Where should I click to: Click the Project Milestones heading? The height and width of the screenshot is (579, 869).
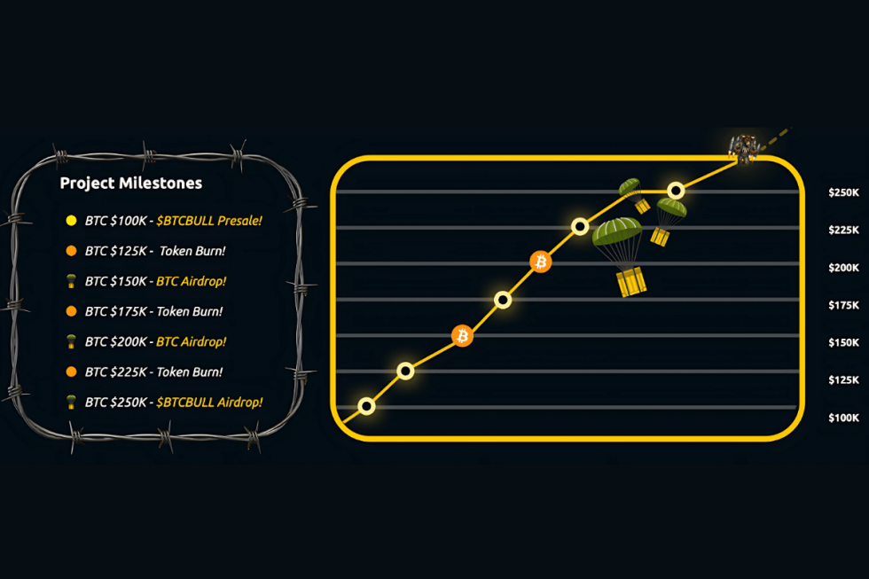[x=130, y=184]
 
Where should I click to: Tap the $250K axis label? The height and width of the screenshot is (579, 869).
[x=843, y=192]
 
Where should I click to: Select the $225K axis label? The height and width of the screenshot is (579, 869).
[x=843, y=230]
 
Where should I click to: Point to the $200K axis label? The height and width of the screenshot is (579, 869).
[x=843, y=268]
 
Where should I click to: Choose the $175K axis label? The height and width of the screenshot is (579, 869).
[x=843, y=305]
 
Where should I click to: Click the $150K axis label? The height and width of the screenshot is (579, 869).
[x=843, y=342]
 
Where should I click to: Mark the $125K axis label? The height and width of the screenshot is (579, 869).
[x=843, y=380]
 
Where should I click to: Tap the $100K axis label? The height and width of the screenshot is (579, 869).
[x=843, y=418]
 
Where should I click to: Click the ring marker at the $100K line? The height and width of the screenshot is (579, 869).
[x=366, y=406]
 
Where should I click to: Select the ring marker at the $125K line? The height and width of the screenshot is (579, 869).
[x=405, y=371]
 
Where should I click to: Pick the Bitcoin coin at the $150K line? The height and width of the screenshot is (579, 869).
[x=462, y=335]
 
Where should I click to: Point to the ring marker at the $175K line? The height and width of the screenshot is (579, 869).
[x=503, y=300]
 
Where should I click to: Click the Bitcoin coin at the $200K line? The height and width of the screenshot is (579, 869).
[x=540, y=262]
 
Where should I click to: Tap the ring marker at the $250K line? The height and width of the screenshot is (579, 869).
[x=676, y=190]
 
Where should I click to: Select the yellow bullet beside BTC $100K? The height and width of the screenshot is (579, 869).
[x=71, y=220]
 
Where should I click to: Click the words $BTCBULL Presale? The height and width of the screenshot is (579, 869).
[x=209, y=220]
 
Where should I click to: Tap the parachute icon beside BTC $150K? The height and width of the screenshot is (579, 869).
[x=71, y=281]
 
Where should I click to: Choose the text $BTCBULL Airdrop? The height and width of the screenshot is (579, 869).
[x=209, y=402]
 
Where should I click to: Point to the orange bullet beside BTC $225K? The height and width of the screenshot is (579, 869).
[x=71, y=372]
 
